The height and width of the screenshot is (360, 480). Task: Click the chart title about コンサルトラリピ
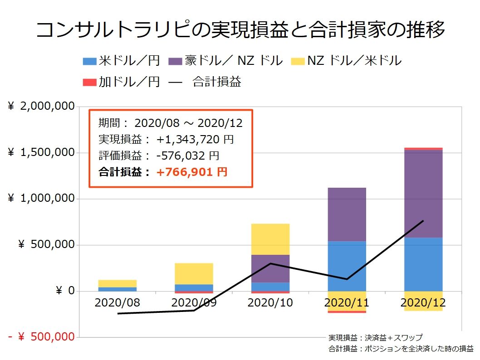tap(240, 30)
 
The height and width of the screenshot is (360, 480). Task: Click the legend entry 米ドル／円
tap(122, 60)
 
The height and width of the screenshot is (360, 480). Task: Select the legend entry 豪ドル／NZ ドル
tap(225, 60)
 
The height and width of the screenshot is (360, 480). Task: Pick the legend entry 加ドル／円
tap(122, 82)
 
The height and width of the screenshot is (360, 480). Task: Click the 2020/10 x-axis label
tap(270, 303)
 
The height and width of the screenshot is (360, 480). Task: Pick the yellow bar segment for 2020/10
tap(270, 239)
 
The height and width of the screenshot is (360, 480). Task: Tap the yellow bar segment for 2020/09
tap(194, 273)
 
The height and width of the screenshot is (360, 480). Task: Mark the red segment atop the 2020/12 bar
tap(423, 149)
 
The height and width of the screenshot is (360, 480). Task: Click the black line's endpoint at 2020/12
tap(423, 221)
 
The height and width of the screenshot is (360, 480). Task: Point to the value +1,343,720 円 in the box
tap(195, 140)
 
